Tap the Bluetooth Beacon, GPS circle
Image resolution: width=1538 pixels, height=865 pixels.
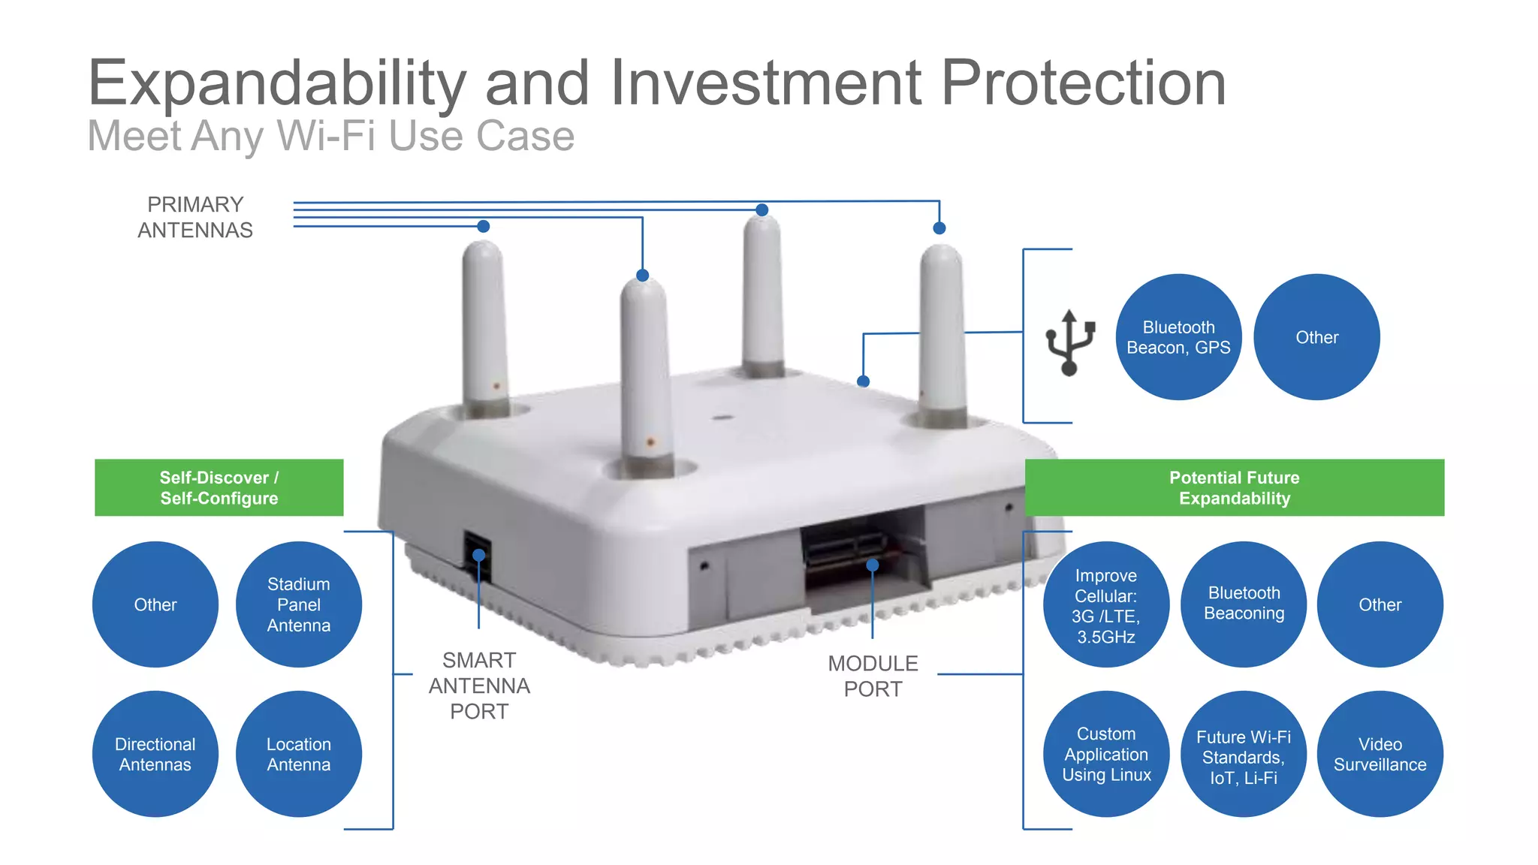(1178, 337)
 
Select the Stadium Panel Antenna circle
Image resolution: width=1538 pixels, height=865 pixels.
(298, 604)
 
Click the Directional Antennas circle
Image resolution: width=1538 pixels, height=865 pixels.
(155, 754)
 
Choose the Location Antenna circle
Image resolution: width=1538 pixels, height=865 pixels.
(298, 754)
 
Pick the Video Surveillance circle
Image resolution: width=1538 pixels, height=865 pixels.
(1380, 754)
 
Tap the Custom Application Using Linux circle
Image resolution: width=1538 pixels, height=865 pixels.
(1106, 754)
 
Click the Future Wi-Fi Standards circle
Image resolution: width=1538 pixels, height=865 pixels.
(1243, 754)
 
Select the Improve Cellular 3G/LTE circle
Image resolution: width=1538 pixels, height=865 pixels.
(1106, 604)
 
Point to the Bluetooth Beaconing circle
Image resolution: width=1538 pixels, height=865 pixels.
(1243, 604)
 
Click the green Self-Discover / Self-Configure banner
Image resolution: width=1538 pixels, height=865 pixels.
(219, 487)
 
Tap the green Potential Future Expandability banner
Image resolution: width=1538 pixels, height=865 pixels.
(1234, 487)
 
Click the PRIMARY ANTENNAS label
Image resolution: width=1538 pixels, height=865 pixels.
(195, 217)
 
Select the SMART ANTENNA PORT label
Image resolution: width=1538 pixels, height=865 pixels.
(479, 686)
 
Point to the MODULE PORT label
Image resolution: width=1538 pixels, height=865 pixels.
(873, 676)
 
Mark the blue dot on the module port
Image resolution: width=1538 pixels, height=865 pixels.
(873, 565)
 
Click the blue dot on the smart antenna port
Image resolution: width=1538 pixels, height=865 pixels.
(479, 555)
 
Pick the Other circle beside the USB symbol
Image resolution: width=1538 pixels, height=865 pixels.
(1316, 337)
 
